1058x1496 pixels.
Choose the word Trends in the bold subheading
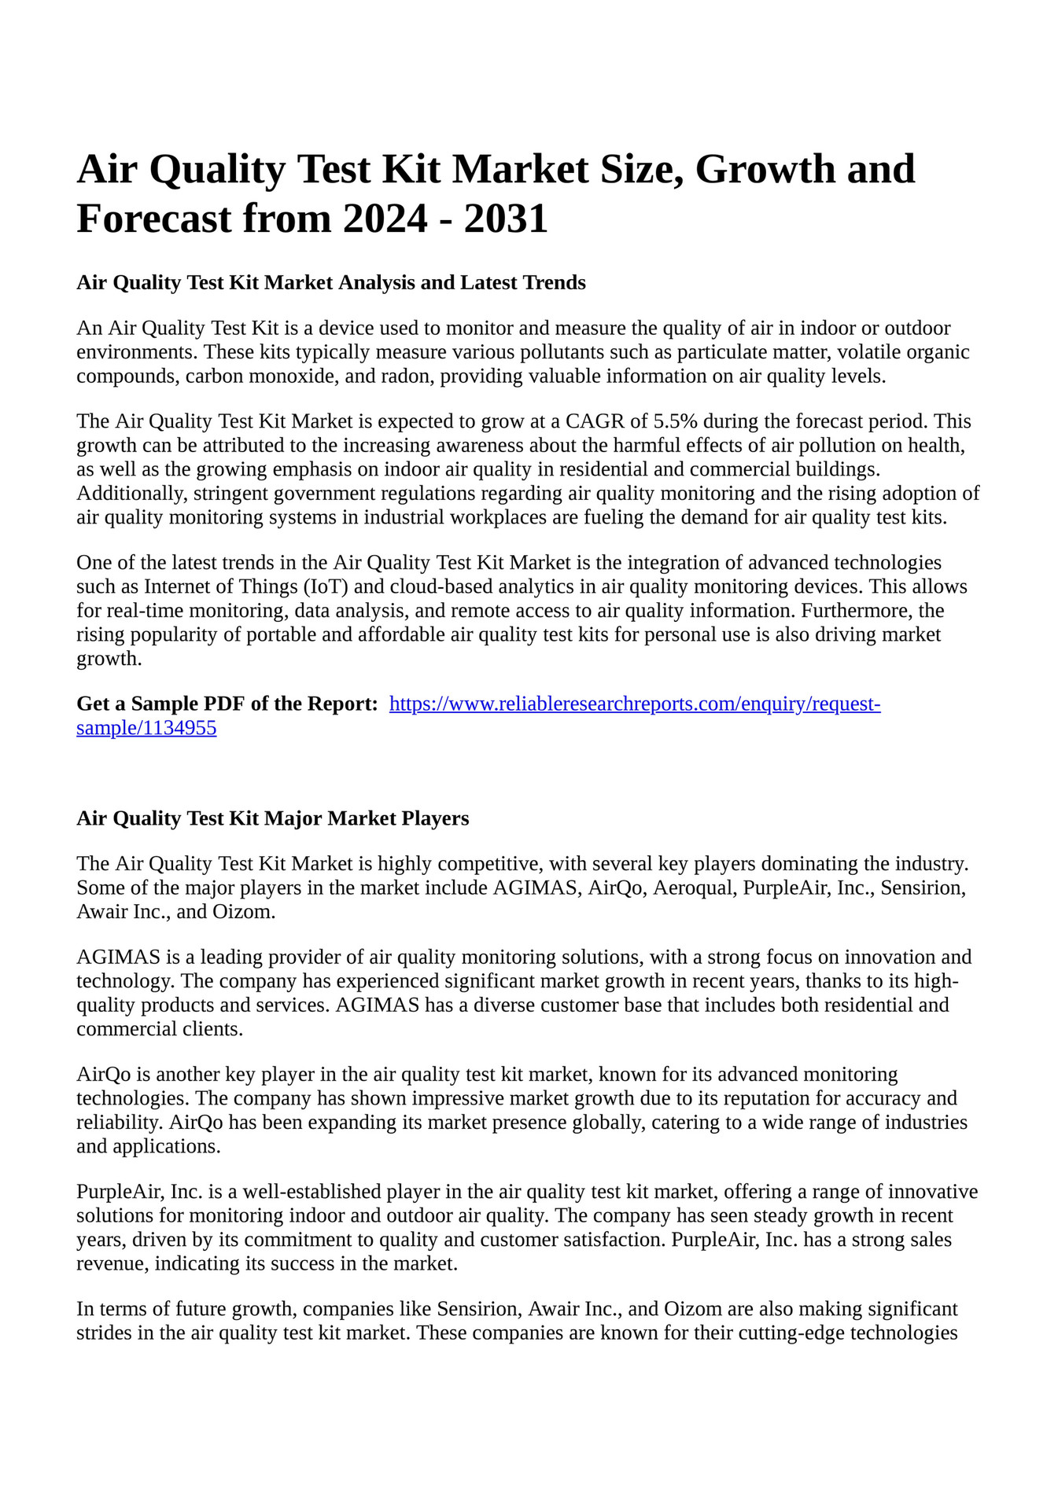click(x=551, y=282)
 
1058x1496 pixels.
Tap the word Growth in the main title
click(x=764, y=169)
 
